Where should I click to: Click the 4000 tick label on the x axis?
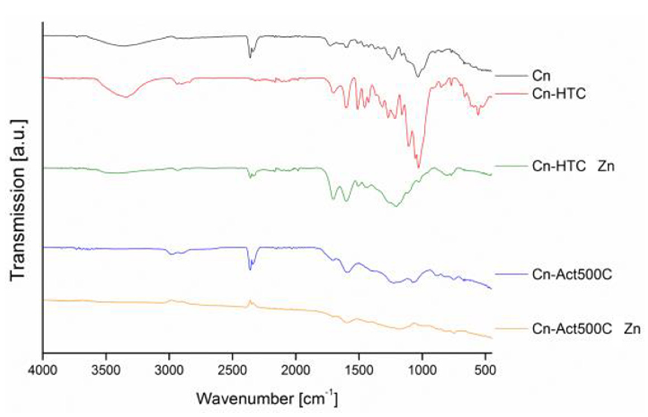tap(43, 371)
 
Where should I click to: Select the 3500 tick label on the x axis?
tap(106, 371)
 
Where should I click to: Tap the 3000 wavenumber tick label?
tap(169, 371)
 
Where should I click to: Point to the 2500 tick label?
tap(232, 371)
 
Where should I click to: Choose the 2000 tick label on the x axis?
tap(295, 371)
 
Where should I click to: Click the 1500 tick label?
tap(359, 371)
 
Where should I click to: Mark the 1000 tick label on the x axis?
tap(422, 371)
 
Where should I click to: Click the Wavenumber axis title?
tap(267, 398)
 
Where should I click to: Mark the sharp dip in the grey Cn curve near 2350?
tap(250, 57)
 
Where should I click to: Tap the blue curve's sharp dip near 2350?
tap(250, 269)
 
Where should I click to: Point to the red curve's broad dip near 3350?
tap(126, 97)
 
